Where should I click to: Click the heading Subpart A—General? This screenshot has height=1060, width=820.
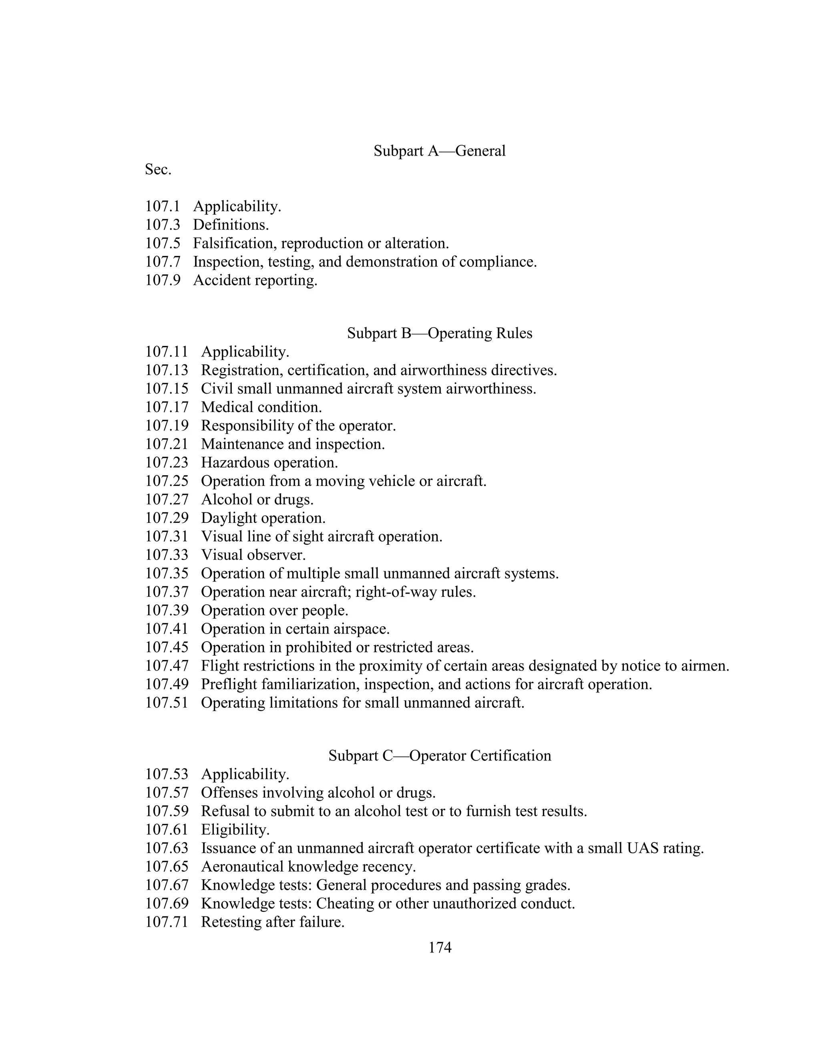click(439, 151)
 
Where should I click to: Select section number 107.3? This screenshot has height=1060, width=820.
click(162, 225)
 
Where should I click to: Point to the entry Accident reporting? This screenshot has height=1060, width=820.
click(255, 280)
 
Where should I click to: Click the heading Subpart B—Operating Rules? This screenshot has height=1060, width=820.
click(439, 334)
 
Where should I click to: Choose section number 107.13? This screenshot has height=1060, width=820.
click(167, 370)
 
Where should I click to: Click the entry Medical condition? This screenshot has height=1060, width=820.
click(261, 407)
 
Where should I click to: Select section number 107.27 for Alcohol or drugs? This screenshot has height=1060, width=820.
click(167, 500)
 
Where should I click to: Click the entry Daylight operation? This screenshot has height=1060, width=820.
click(263, 518)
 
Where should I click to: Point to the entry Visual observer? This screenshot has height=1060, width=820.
click(253, 555)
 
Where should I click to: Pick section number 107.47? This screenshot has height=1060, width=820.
click(167, 666)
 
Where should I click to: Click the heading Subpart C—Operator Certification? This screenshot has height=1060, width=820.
click(439, 756)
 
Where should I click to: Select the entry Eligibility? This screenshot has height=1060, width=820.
click(235, 830)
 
